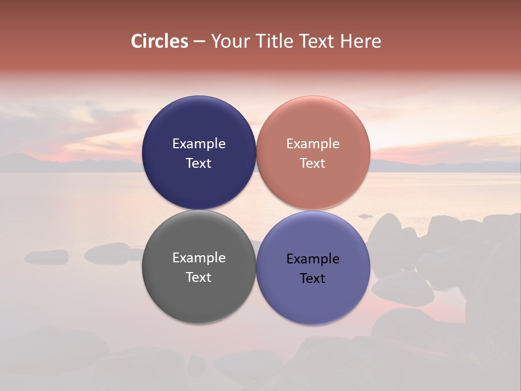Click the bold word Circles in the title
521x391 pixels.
[x=160, y=41]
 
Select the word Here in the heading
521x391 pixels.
[x=361, y=41]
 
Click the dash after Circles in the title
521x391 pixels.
[x=199, y=42]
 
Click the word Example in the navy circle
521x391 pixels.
[x=199, y=143]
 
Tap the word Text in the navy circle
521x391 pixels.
[x=199, y=163]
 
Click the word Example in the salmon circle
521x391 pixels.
[x=313, y=143]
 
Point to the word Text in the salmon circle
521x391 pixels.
[x=313, y=163]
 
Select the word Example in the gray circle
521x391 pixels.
[x=199, y=257]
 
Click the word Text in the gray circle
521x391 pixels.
[x=199, y=277]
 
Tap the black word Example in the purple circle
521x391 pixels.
[x=313, y=258]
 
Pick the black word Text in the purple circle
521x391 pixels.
[x=313, y=278]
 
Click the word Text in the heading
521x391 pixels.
[x=317, y=41]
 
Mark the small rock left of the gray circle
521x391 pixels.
[x=47, y=256]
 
